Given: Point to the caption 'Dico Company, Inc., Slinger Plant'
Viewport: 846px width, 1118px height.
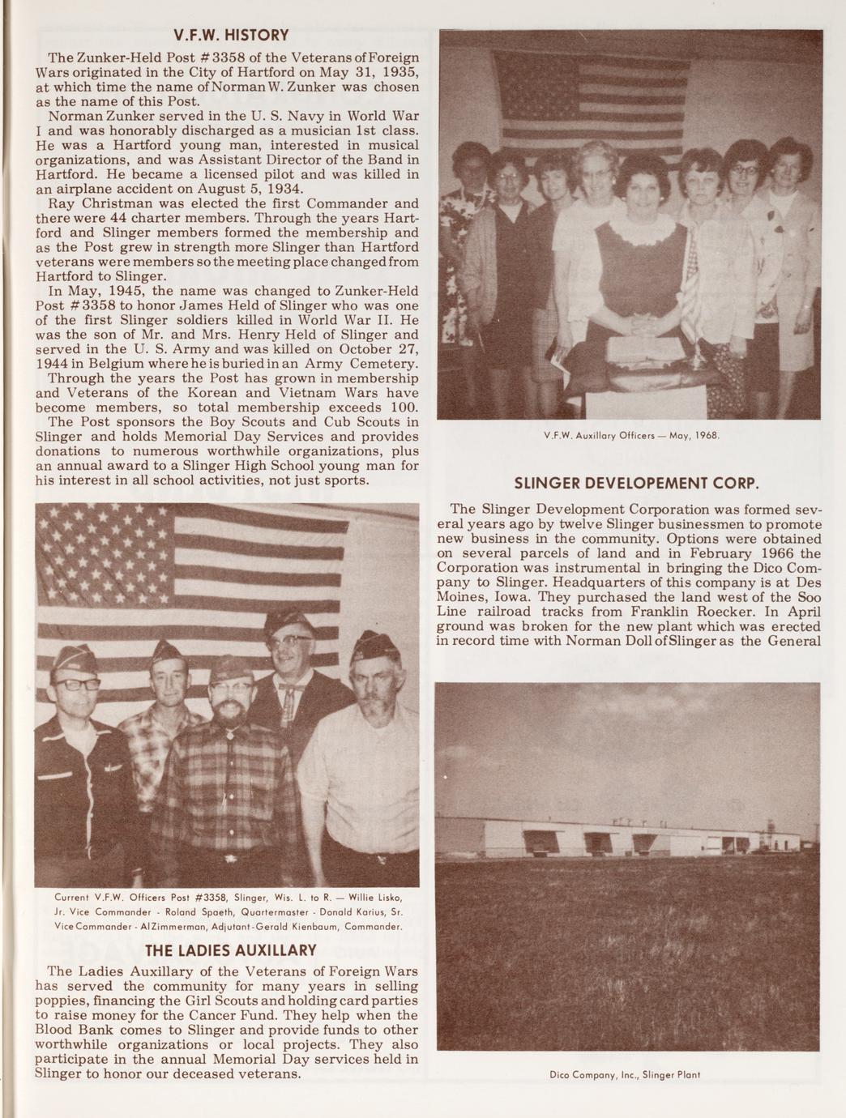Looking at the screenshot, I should tap(629, 1098).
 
